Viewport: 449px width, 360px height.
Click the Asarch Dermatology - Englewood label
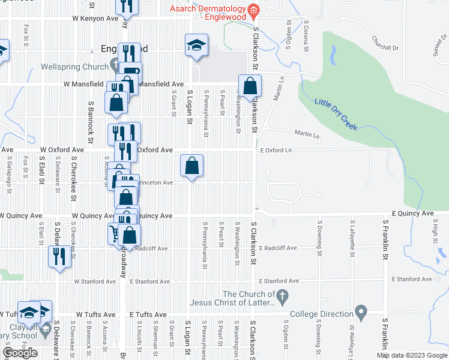tap(208, 13)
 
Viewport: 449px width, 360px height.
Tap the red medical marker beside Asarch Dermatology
tap(254, 10)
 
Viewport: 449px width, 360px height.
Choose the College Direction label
tap(321, 314)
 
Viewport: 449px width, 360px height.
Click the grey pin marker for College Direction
tap(361, 313)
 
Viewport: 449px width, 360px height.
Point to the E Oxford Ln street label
tap(276, 150)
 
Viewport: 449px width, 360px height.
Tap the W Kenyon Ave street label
tap(95, 19)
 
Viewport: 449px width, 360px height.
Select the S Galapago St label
tap(10, 174)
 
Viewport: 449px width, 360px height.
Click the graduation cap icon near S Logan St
tap(196, 45)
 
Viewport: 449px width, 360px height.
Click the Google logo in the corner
tap(20, 353)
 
